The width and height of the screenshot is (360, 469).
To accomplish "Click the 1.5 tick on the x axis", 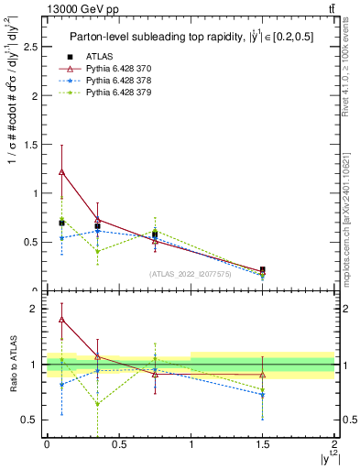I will click(263, 443).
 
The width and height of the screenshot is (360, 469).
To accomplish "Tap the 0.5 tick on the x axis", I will click(118, 443).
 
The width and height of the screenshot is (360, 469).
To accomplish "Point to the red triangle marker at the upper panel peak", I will click(61, 171).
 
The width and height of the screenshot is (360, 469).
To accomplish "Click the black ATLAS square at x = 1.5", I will click(263, 270).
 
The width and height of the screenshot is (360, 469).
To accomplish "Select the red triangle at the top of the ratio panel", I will click(61, 319).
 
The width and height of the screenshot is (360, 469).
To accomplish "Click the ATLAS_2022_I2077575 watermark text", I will click(191, 273).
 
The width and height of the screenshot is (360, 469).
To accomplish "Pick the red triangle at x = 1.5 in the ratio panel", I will click(263, 375).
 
